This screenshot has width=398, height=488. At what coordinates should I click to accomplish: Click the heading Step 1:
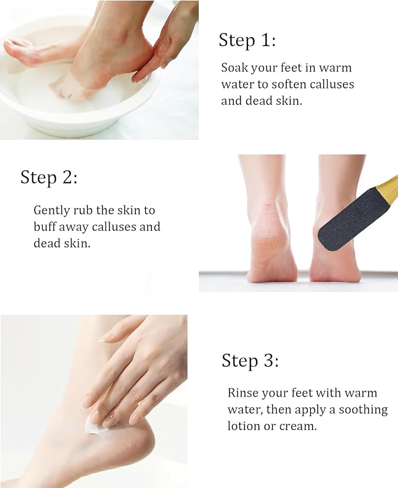tap(247, 40)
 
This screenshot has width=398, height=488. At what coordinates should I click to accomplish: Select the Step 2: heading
tap(49, 177)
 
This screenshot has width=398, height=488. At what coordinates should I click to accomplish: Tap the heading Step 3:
tap(250, 360)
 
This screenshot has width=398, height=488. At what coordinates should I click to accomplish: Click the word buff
tap(45, 226)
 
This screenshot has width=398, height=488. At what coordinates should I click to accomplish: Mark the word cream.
tap(297, 426)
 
